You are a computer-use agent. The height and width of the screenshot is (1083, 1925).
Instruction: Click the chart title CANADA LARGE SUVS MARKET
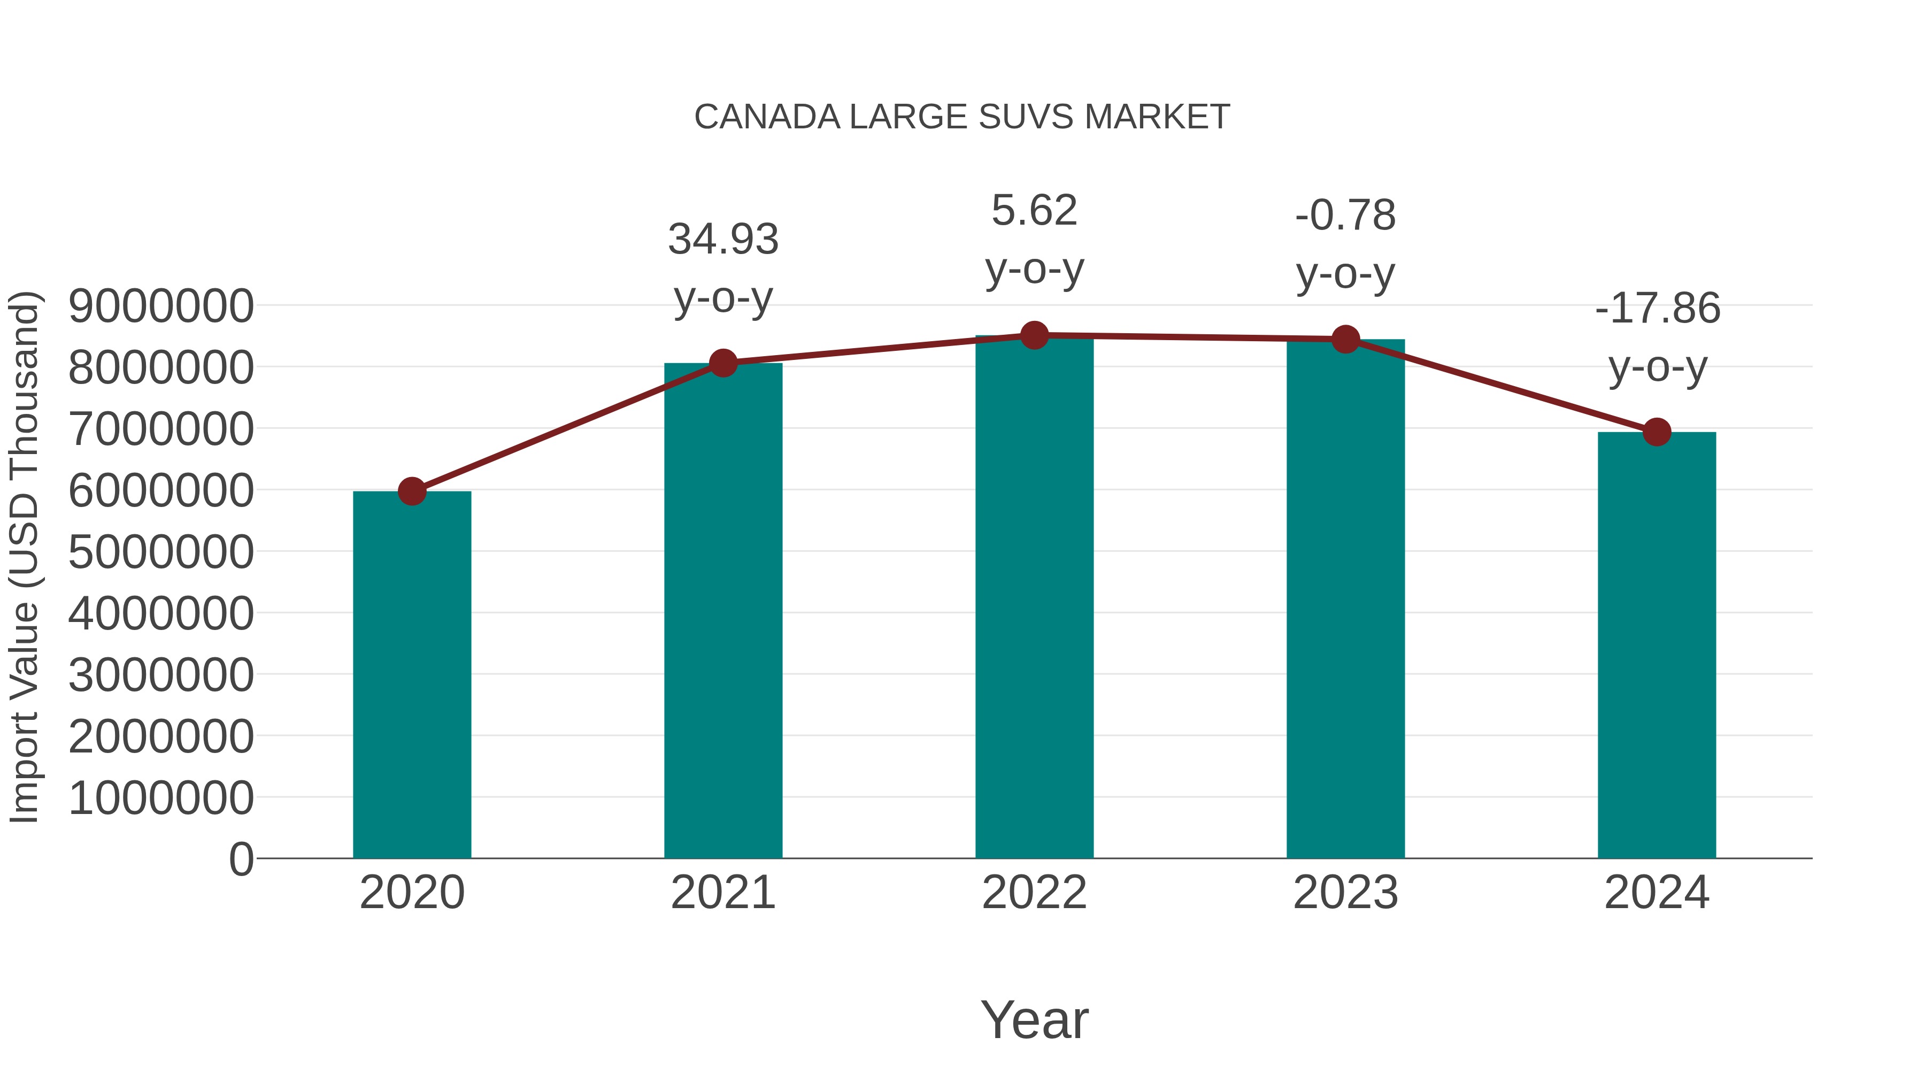[962, 117]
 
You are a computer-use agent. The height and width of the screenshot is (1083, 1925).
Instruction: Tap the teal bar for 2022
[1034, 598]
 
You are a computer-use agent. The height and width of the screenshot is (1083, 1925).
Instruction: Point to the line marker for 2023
[1346, 339]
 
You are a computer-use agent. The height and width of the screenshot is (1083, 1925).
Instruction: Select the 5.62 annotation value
[1034, 210]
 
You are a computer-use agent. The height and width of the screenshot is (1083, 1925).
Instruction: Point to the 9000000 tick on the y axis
[160, 306]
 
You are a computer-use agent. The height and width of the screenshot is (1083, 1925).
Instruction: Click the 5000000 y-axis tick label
[160, 552]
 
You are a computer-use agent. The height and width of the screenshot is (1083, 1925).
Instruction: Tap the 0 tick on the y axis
[241, 859]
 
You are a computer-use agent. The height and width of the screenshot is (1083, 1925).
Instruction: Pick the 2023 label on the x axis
[1345, 893]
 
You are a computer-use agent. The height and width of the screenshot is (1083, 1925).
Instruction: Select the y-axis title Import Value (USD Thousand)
[24, 557]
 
